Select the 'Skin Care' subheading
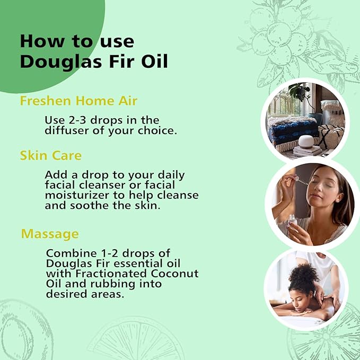point(50,155)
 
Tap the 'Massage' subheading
point(50,234)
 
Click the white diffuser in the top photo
point(305,142)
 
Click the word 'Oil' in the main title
point(153,61)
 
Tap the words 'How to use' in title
point(77,41)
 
